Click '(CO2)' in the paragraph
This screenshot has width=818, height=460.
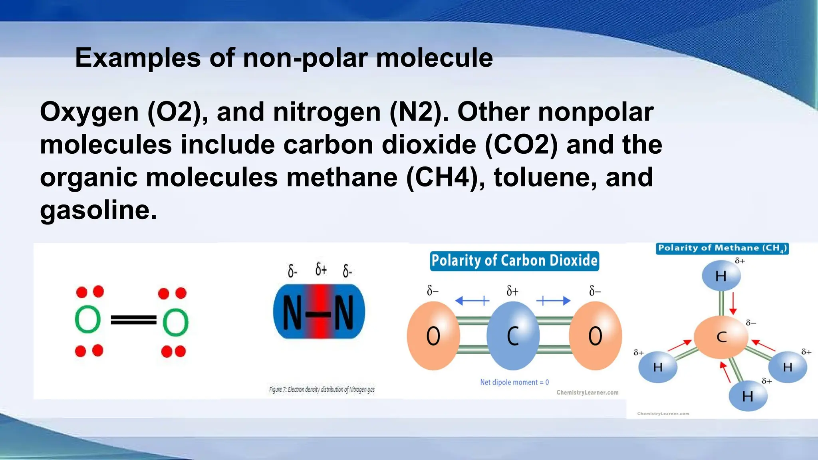coord(521,145)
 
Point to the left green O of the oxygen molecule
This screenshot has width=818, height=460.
coord(87,319)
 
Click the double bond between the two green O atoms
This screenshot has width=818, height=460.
coord(133,320)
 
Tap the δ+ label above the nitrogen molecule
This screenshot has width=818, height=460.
coord(321,270)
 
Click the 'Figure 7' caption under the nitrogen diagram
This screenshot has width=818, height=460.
coord(322,389)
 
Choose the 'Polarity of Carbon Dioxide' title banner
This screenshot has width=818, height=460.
coord(514,261)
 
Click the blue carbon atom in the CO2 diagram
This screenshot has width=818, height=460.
coord(513,335)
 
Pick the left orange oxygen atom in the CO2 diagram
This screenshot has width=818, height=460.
coord(433,335)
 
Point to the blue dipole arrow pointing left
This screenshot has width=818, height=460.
coord(472,301)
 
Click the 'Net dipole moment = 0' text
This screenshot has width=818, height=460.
coord(514,383)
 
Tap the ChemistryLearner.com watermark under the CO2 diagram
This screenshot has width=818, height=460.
coord(587,393)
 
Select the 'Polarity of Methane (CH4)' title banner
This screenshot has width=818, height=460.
coord(722,248)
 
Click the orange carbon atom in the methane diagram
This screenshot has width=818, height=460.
coord(721,337)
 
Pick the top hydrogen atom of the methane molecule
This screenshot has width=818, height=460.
coord(721,276)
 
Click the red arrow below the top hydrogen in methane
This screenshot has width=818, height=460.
coord(733,303)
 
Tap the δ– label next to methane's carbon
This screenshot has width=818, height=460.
coord(751,323)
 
